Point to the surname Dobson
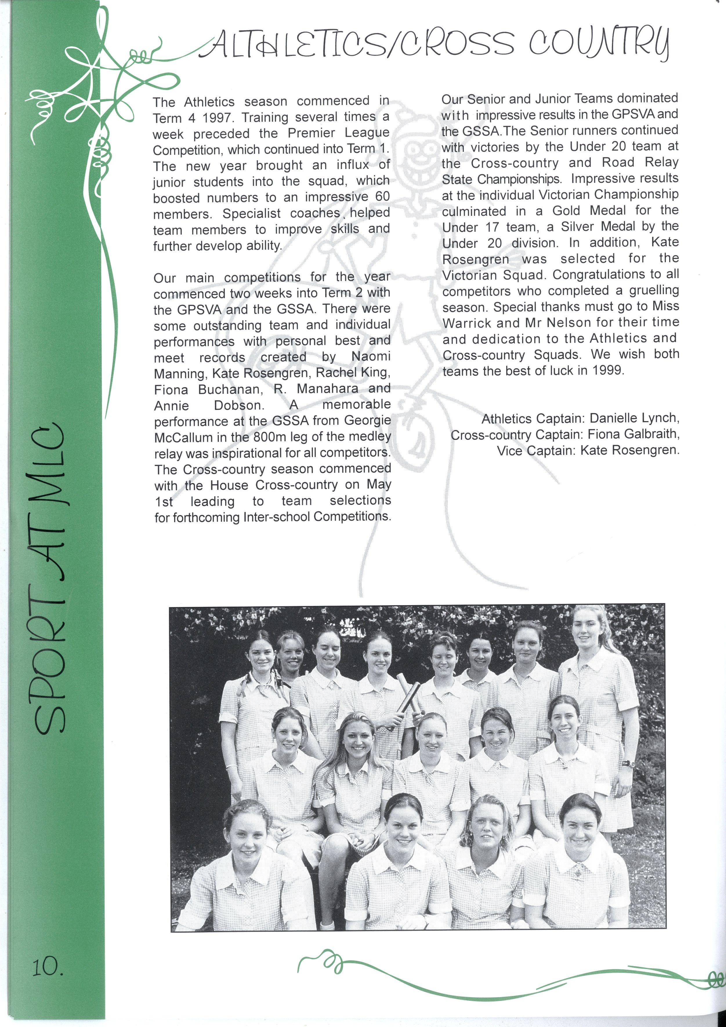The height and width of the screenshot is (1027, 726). tap(238, 405)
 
